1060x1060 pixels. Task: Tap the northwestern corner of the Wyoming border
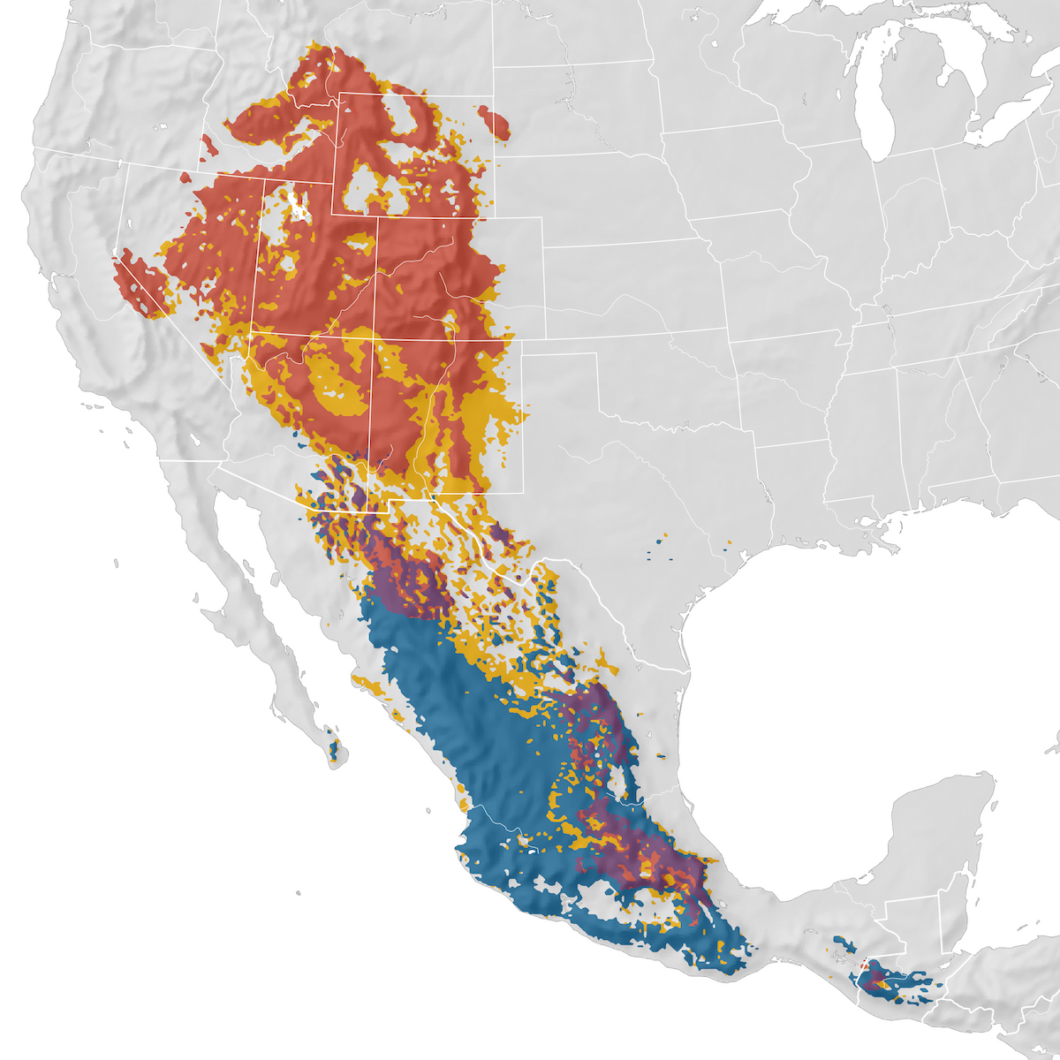click(334, 93)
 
